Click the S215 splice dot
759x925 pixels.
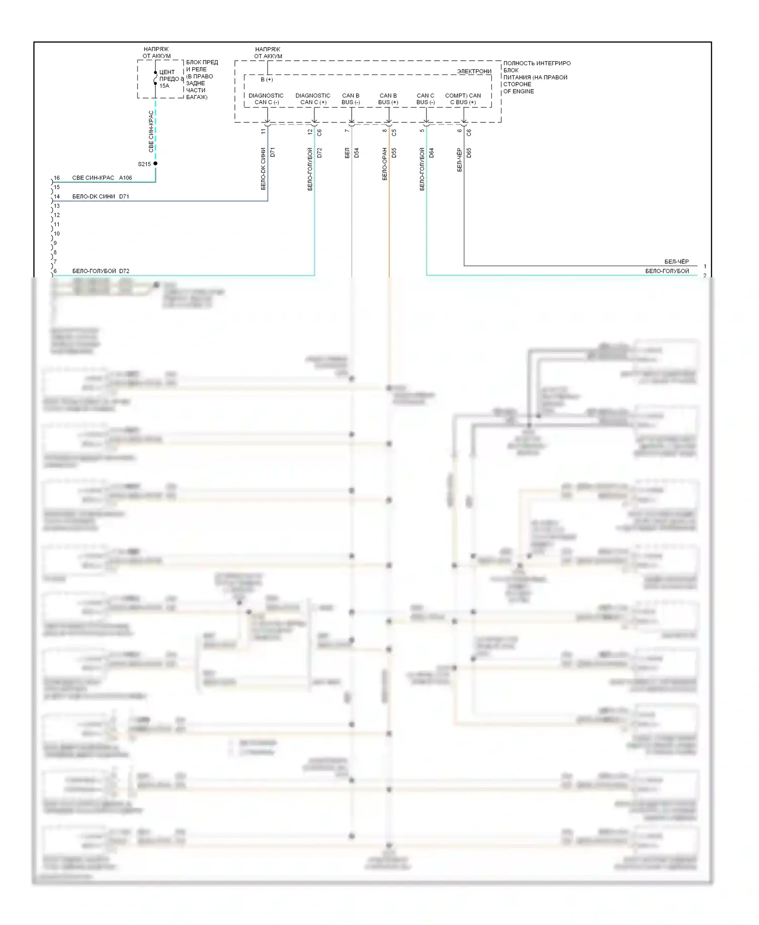(x=155, y=163)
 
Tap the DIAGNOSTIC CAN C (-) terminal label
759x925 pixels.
(x=266, y=99)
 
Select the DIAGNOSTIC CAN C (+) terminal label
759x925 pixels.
(x=313, y=99)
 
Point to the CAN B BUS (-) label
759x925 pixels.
(x=351, y=99)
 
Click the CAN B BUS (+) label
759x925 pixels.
(x=388, y=99)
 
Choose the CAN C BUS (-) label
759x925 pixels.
(x=426, y=99)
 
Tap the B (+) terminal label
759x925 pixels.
(x=267, y=79)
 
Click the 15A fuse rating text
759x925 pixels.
(x=164, y=86)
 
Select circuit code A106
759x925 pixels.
(x=125, y=178)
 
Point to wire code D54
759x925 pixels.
(x=357, y=153)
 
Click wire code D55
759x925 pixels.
(x=394, y=153)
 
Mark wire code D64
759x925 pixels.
(x=432, y=153)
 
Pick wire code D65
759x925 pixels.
(x=469, y=153)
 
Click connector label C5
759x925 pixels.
(x=394, y=133)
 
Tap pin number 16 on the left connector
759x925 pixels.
(x=57, y=178)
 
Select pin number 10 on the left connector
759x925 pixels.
(x=57, y=234)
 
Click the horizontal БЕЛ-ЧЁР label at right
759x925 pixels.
(x=677, y=262)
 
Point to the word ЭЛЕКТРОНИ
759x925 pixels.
(x=474, y=71)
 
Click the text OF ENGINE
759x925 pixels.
(x=519, y=92)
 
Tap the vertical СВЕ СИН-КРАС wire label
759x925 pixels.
(x=151, y=132)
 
